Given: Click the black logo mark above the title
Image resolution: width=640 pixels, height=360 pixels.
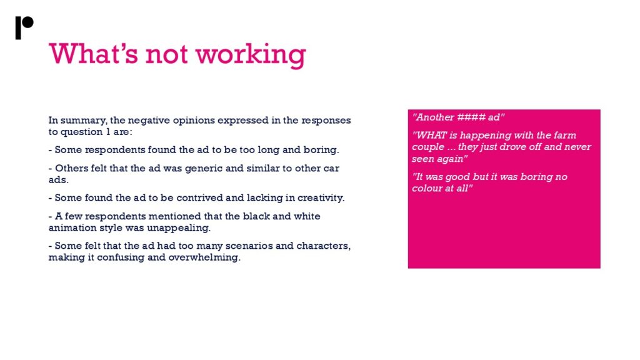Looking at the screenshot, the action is pyautogui.click(x=24, y=27).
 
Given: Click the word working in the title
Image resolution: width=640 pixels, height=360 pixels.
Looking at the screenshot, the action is pyautogui.click(x=251, y=55).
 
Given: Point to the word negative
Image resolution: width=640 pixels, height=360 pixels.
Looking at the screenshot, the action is pyautogui.click(x=149, y=121).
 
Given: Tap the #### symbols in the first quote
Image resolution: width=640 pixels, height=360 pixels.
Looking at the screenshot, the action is pyautogui.click(x=471, y=117).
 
